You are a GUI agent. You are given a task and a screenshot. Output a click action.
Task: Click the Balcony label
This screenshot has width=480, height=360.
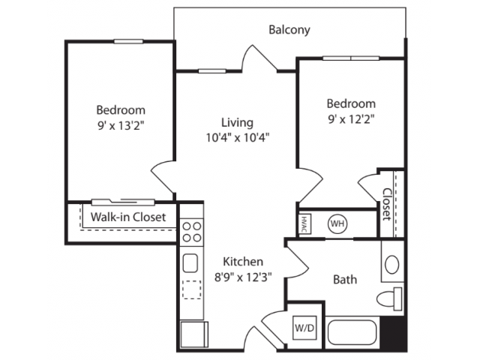pyautogui.click(x=289, y=30)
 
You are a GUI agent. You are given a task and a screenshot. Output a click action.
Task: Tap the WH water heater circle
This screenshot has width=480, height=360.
pyautogui.click(x=337, y=223)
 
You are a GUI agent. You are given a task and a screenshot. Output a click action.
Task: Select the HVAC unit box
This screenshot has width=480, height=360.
pyautogui.click(x=304, y=224)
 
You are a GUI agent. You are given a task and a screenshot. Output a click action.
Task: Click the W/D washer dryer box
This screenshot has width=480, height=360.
pyautogui.click(x=304, y=328)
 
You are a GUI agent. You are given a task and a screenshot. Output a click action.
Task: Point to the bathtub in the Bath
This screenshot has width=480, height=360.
pyautogui.click(x=352, y=332)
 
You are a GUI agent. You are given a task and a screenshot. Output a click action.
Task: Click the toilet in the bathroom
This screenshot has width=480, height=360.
pyautogui.click(x=389, y=298)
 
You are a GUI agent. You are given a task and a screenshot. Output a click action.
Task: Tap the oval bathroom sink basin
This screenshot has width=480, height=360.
pyautogui.click(x=391, y=264)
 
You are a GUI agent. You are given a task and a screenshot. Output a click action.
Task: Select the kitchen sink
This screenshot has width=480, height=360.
pyautogui.click(x=190, y=263)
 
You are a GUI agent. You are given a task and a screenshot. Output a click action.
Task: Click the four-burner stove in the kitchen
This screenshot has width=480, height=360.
pyautogui.click(x=192, y=232)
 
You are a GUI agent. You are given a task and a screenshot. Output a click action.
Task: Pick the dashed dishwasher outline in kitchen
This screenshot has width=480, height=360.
pyautogui.click(x=192, y=289)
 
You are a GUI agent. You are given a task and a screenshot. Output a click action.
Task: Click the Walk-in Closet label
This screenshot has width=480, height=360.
pyautogui.click(x=128, y=217)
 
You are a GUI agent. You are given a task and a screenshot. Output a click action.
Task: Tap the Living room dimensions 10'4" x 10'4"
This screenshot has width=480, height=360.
pyautogui.click(x=238, y=138)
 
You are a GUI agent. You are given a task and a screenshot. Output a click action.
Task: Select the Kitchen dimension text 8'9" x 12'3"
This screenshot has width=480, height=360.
pyautogui.click(x=243, y=277)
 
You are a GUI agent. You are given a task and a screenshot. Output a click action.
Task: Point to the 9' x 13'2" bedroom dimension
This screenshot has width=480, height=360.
pyautogui.click(x=121, y=125)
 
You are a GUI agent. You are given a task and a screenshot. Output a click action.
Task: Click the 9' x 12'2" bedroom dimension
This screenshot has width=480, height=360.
pyautogui.click(x=351, y=118)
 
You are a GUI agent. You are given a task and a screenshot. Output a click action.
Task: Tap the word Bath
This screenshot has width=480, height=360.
pyautogui.click(x=345, y=280)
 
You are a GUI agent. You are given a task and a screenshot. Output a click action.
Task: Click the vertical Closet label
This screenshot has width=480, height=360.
pyautogui.click(x=387, y=204)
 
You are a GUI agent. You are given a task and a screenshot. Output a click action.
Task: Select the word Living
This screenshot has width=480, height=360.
pyautogui.click(x=237, y=123)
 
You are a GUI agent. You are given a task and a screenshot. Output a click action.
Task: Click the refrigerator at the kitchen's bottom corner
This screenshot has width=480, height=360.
pyautogui.click(x=194, y=334)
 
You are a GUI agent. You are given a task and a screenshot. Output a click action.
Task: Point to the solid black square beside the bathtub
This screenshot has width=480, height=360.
pyautogui.click(x=393, y=334)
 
